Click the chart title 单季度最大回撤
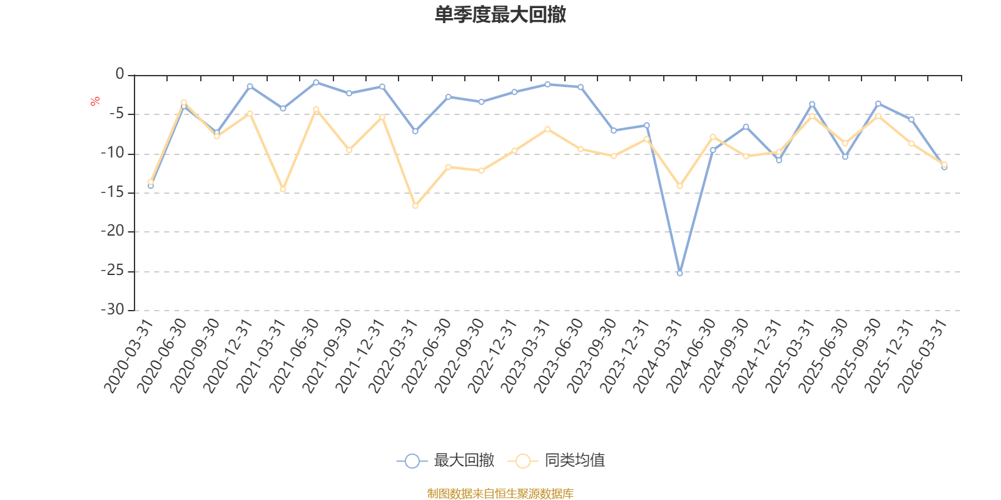[x=500, y=14]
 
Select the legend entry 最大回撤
[x=445, y=460]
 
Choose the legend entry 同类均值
[x=556, y=460]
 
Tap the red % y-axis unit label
[x=94, y=101]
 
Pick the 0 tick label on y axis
[x=119, y=74]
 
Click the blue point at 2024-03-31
[x=679, y=273]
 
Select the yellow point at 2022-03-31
[x=415, y=206]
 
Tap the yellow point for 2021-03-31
[x=283, y=189]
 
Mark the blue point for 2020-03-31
[x=151, y=186]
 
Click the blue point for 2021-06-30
[x=316, y=82]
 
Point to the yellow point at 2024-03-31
[x=679, y=186]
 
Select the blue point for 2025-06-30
[x=845, y=157]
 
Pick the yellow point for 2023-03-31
[x=547, y=129]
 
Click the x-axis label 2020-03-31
[x=129, y=356]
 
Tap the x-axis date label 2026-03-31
[x=922, y=356]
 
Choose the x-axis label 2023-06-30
[x=559, y=356]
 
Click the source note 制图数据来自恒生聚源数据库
[x=500, y=493]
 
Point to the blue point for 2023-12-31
[x=647, y=126]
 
